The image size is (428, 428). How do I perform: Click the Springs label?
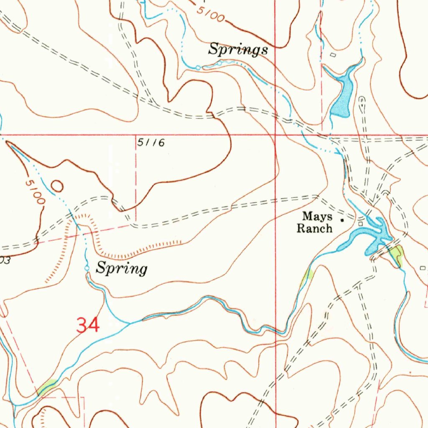click(238, 50)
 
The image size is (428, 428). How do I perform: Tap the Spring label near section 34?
click(122, 268)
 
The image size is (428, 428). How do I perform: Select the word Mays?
click(318, 217)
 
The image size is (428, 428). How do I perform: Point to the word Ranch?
click(314, 228)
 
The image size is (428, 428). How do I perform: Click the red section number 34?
click(88, 325)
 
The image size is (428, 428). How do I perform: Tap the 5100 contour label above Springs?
click(211, 15)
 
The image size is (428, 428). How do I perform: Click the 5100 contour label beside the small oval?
click(34, 191)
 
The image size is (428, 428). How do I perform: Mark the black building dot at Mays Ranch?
click(342, 219)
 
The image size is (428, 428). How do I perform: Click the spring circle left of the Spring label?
click(87, 268)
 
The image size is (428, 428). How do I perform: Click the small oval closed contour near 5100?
click(57, 184)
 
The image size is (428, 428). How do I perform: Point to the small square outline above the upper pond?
click(333, 55)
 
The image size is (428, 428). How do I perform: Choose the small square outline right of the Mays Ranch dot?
click(361, 224)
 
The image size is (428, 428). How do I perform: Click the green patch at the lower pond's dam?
click(396, 254)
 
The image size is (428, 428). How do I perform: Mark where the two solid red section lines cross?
click(275, 135)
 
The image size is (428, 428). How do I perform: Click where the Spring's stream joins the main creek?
click(129, 323)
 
